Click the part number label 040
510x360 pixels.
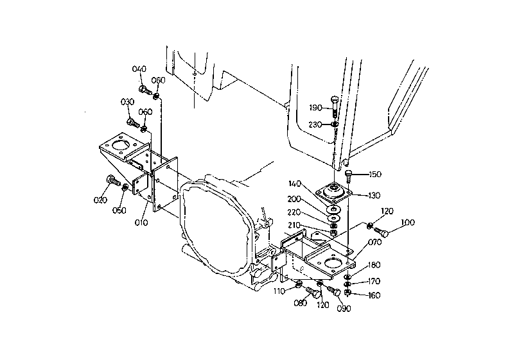[x=139, y=69]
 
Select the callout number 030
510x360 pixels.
[x=127, y=102]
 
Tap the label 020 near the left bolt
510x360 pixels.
[x=100, y=200]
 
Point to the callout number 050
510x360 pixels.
[x=119, y=210]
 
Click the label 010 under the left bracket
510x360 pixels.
[x=141, y=223]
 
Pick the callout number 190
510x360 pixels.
[x=315, y=108]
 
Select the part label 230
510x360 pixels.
[x=315, y=124]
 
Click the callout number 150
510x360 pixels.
[x=375, y=175]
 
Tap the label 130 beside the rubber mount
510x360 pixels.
[x=374, y=196]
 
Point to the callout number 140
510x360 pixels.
[x=295, y=184]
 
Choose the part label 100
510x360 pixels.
[x=408, y=223]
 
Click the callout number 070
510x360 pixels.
[x=375, y=243]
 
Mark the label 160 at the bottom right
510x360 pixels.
[x=374, y=295]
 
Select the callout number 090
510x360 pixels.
[x=344, y=308]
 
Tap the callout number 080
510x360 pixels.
[x=301, y=303]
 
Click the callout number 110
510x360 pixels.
[x=279, y=291]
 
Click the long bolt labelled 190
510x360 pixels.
[x=335, y=107]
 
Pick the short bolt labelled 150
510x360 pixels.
[x=348, y=175]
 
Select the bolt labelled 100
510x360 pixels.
[x=382, y=232]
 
